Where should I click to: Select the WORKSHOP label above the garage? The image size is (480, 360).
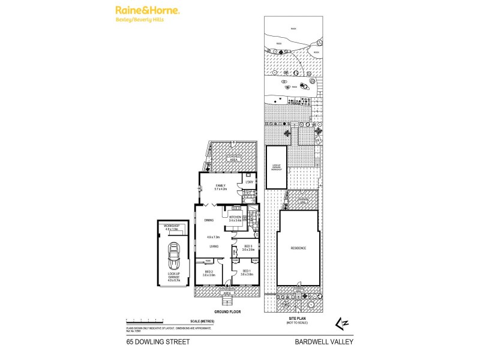[172, 226]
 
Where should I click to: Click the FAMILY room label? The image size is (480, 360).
[221, 186]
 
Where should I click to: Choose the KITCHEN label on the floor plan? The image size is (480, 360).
[235, 217]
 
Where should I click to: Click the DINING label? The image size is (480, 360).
[208, 220]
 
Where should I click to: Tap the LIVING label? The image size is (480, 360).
[214, 246]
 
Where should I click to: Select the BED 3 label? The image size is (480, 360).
[248, 247]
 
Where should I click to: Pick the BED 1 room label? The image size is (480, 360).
[246, 271]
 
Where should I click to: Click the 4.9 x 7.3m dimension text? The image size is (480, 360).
[214, 237]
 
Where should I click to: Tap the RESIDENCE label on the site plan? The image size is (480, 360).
[298, 248]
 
